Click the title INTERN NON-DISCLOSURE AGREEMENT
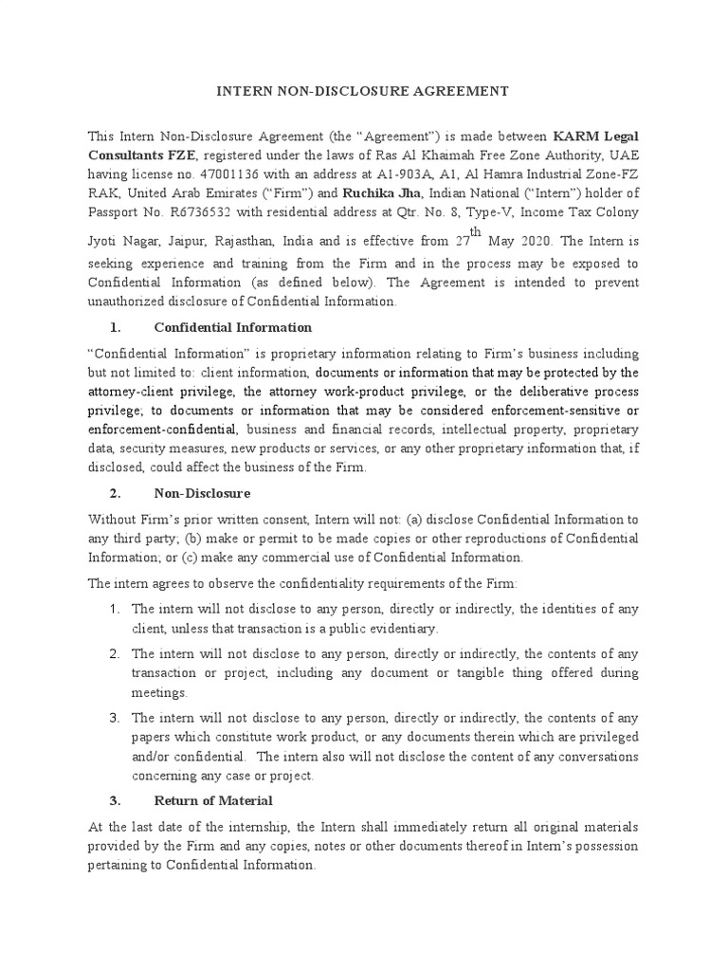(x=364, y=91)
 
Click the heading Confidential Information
(x=232, y=327)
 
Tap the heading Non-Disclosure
(x=202, y=494)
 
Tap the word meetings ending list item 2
(x=160, y=692)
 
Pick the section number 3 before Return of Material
(x=113, y=801)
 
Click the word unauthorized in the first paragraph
(x=133, y=302)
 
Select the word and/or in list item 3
(x=152, y=756)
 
